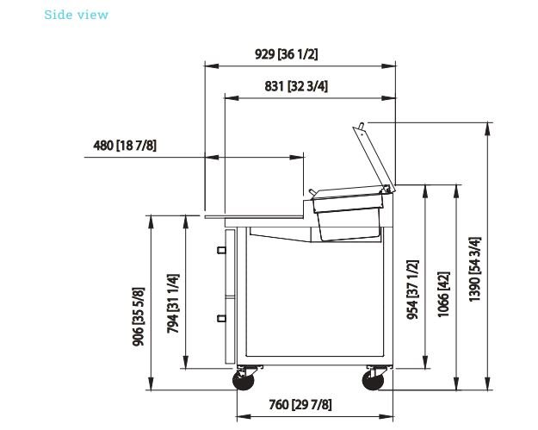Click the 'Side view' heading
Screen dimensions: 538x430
click(76, 15)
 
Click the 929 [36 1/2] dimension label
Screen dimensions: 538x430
click(286, 54)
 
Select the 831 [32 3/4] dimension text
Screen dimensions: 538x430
click(296, 86)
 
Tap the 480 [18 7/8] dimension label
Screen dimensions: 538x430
click(125, 145)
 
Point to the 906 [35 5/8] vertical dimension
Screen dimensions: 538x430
click(139, 316)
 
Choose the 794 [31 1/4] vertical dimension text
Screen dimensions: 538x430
click(173, 303)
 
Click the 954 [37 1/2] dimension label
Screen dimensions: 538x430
click(412, 290)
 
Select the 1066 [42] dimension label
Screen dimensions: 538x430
click(443, 295)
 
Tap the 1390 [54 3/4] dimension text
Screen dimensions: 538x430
click(475, 269)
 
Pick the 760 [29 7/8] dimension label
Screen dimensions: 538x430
click(300, 405)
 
